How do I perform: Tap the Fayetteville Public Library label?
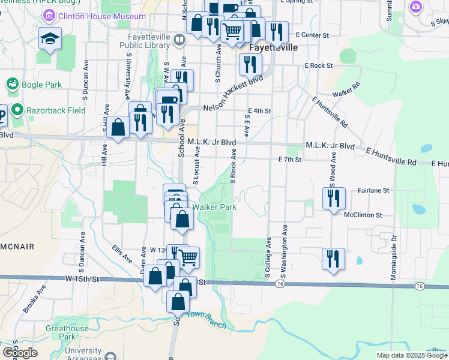point(142,40)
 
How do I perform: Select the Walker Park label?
point(214,207)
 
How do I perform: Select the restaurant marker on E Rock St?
point(250,65)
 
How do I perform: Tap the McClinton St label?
point(363,215)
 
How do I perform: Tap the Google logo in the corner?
point(20,352)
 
